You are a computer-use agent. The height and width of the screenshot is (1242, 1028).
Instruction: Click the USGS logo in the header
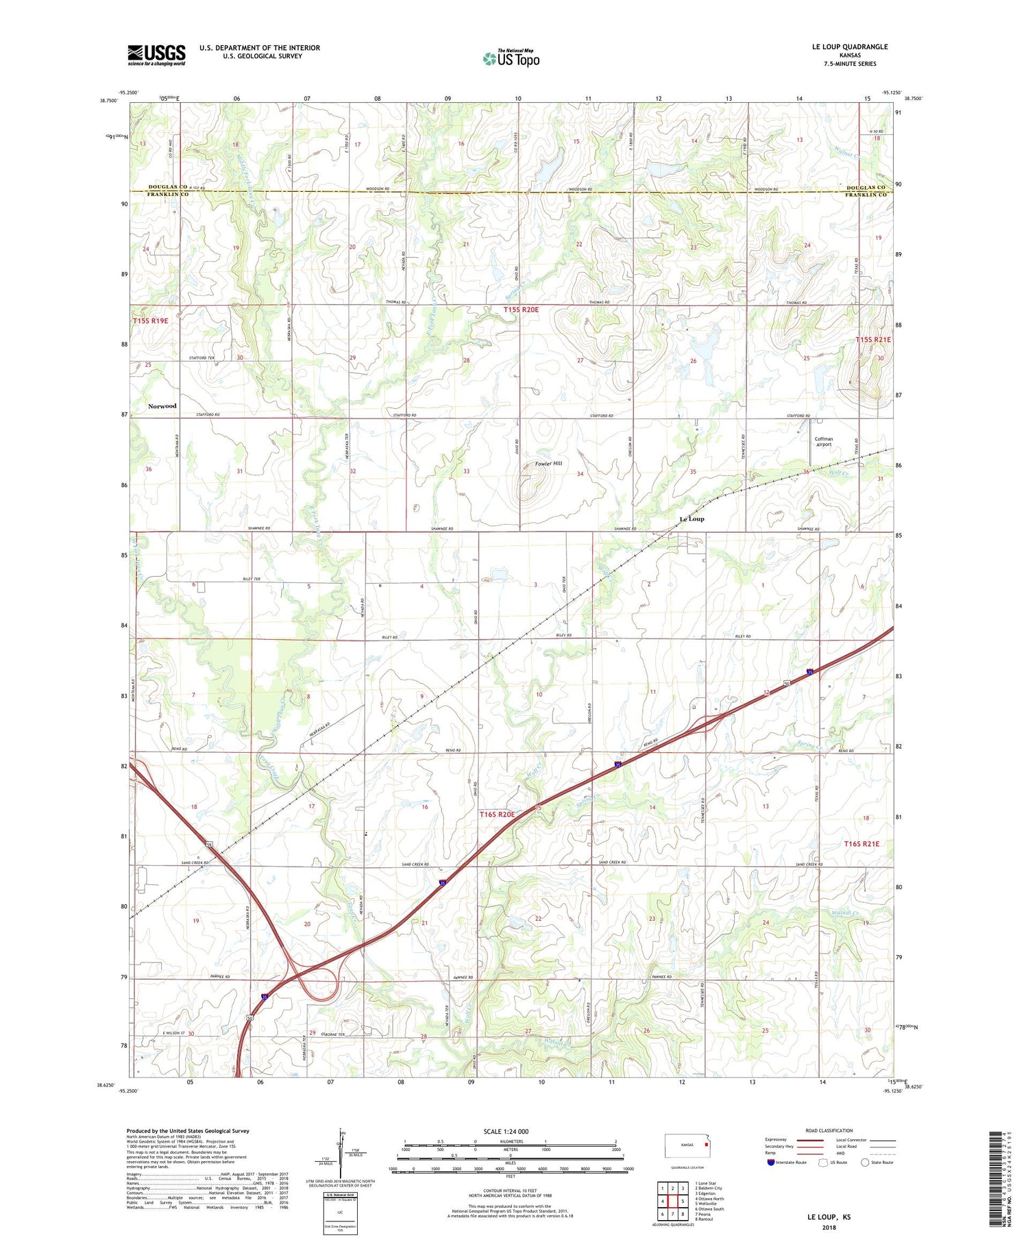(x=156, y=55)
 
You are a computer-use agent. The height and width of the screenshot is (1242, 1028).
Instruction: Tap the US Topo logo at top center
(x=511, y=58)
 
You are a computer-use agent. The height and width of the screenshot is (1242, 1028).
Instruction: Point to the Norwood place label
(x=162, y=406)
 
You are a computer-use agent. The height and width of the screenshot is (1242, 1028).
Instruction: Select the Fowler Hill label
(x=548, y=464)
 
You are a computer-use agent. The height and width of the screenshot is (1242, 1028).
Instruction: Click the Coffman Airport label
(x=824, y=442)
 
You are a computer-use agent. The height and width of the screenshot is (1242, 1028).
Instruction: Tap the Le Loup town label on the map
(x=692, y=519)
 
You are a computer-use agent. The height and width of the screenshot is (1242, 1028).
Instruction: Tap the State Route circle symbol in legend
(x=866, y=1162)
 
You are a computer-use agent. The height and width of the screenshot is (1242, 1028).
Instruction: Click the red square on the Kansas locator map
(x=706, y=1144)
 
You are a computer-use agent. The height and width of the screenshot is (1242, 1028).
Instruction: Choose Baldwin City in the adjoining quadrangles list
(x=708, y=1188)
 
